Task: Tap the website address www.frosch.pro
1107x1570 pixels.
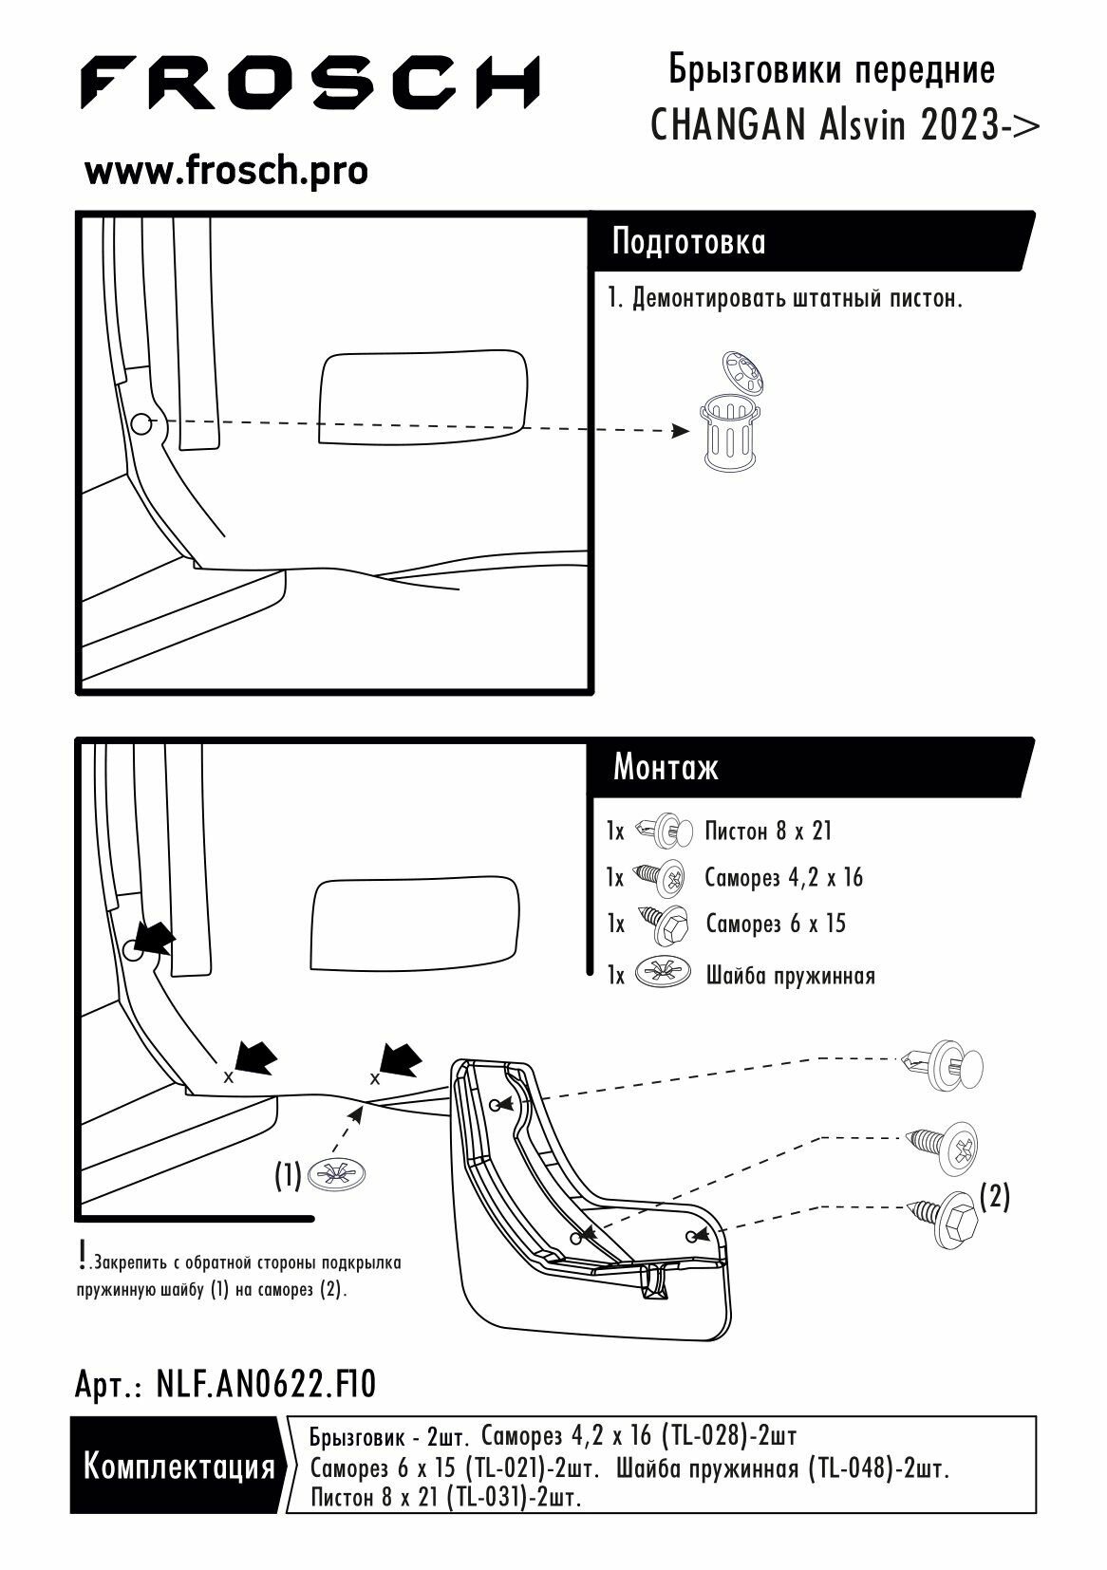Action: [226, 172]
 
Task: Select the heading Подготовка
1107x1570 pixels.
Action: [688, 242]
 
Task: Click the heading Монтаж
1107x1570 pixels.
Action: [666, 767]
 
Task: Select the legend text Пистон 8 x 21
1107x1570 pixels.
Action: [768, 832]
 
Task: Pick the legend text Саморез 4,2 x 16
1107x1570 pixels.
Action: [783, 877]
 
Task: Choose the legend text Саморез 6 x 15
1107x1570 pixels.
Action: [776, 924]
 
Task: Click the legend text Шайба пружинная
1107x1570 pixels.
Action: [790, 975]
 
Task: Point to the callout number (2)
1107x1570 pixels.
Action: [993, 1198]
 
